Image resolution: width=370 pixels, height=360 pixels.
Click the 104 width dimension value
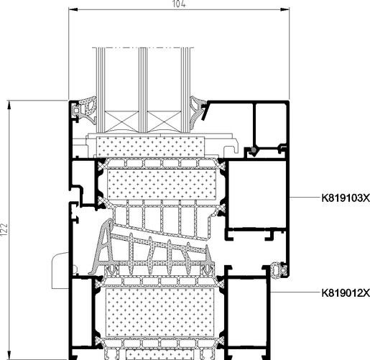(x=179, y=4)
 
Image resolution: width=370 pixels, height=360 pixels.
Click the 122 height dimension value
(x=4, y=230)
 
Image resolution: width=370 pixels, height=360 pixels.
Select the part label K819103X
(x=346, y=198)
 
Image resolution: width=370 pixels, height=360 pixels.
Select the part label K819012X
(x=346, y=292)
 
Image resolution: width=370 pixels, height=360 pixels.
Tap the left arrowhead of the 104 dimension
(x=73, y=9)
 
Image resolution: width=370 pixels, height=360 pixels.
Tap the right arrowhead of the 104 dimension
(x=285, y=9)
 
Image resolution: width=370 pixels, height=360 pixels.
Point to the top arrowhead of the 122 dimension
(x=9, y=105)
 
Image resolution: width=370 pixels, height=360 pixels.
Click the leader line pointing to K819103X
(x=305, y=198)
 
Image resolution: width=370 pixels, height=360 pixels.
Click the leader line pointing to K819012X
(x=295, y=292)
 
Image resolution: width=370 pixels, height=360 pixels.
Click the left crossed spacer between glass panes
(x=121, y=121)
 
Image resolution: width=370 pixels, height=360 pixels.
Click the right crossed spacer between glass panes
(x=164, y=121)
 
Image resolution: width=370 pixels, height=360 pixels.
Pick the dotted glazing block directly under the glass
(x=150, y=147)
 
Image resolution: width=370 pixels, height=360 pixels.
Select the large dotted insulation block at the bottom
(x=159, y=313)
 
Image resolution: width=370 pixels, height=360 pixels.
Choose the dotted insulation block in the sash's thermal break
(x=162, y=185)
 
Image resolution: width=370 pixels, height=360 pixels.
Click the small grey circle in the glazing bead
(x=254, y=150)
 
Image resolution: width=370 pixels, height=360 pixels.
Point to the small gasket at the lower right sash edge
(x=278, y=271)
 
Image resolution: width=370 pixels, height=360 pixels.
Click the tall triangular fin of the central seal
(x=103, y=246)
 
